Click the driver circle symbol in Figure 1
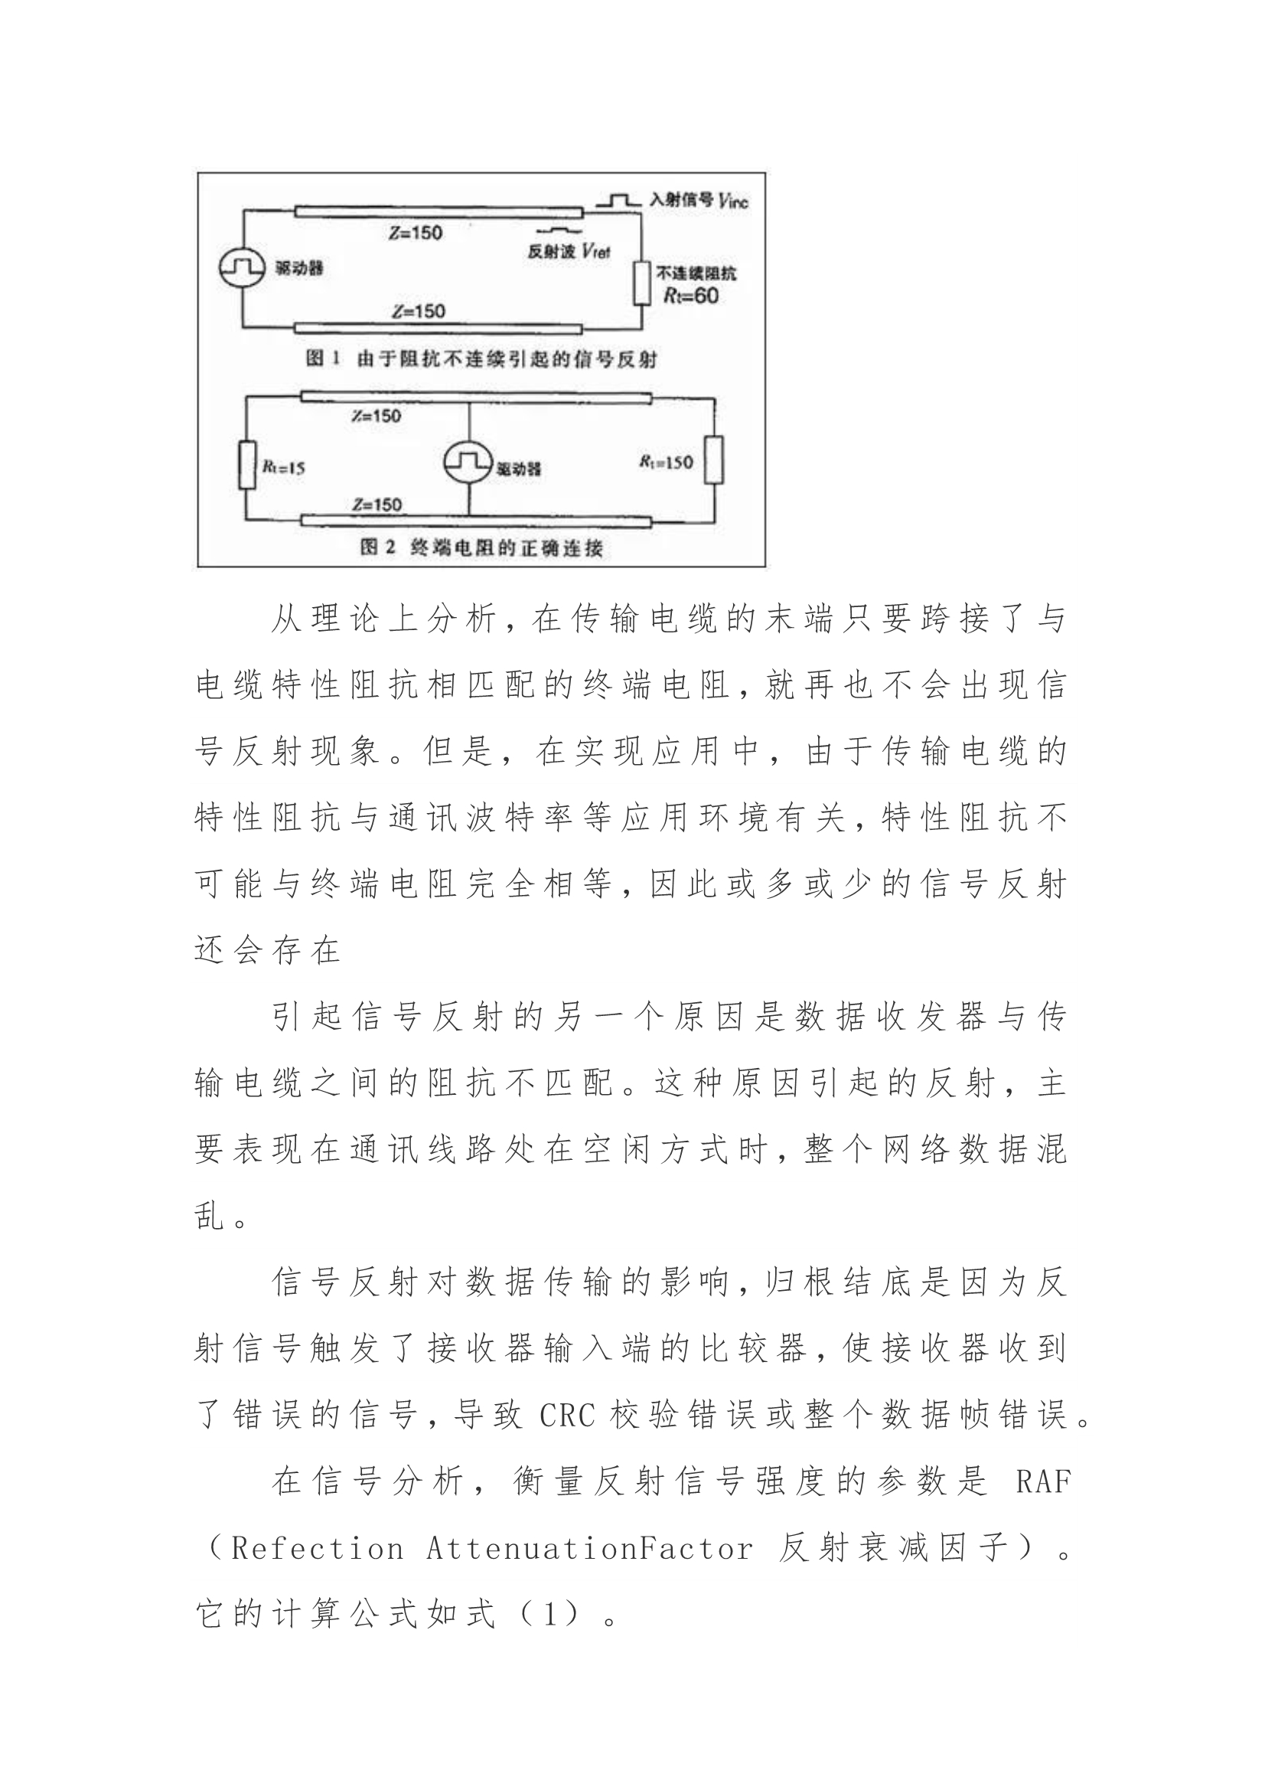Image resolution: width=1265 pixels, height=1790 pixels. click(240, 268)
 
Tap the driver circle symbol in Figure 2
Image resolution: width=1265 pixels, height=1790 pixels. click(468, 464)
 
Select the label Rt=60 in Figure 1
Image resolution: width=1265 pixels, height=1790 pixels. click(690, 296)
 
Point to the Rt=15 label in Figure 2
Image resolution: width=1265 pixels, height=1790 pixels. click(283, 468)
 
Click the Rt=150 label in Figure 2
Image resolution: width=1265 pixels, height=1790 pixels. click(666, 462)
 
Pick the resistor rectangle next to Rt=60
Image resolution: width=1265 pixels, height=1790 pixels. click(641, 283)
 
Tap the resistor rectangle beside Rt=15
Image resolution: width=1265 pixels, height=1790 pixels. click(247, 465)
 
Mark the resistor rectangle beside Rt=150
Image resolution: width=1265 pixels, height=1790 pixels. click(713, 460)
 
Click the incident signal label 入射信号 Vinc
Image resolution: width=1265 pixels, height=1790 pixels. click(699, 201)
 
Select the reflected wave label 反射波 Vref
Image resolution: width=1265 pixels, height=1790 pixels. click(569, 252)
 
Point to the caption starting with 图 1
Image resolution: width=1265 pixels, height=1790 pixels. click(481, 359)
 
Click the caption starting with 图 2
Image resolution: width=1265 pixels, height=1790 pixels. click(481, 547)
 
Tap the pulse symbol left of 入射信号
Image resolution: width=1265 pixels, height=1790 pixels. click(618, 201)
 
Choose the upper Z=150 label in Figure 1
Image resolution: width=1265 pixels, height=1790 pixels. click(416, 232)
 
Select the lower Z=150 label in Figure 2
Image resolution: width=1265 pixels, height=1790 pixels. click(377, 505)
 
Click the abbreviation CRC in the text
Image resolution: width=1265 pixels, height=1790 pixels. click(566, 1415)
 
